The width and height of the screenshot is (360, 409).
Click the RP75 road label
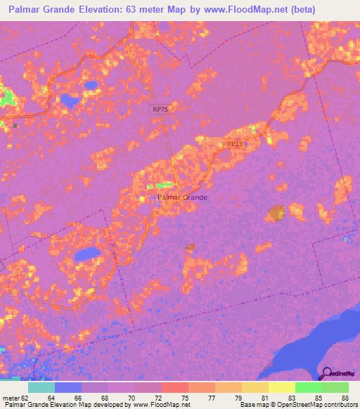160,110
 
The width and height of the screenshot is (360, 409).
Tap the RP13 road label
234,144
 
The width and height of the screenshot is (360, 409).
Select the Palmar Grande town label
183,197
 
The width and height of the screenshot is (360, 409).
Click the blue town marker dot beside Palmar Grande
155,197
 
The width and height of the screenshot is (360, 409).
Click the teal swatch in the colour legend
41,387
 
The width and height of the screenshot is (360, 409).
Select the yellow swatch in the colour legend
281,387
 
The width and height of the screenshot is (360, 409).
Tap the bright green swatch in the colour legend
308,387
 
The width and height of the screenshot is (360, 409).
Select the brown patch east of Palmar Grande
275,213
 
